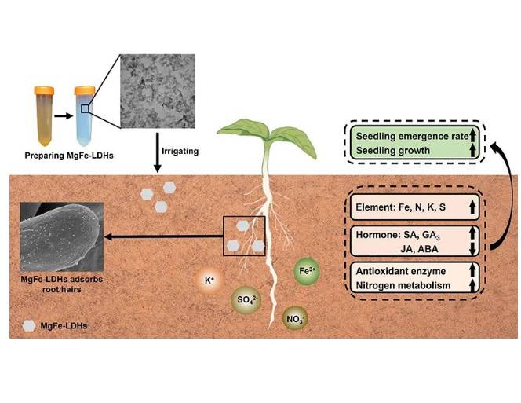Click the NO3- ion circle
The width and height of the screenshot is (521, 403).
(x=297, y=319)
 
